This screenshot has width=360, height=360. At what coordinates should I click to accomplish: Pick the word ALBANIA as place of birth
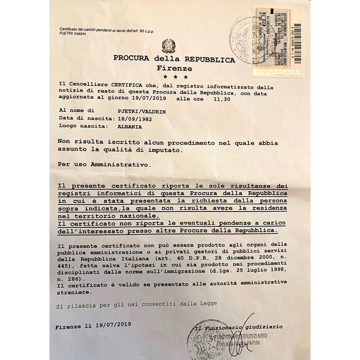pyautogui.click(x=130, y=126)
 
